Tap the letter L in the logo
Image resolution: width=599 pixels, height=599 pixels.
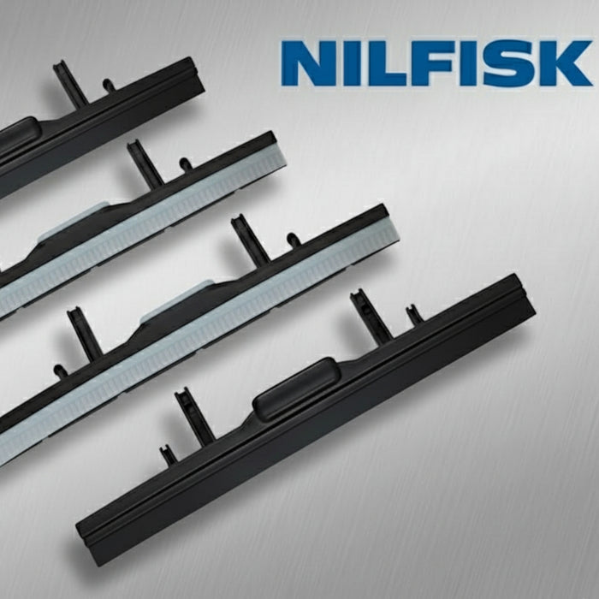390,62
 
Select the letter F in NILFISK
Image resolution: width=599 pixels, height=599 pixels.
436,62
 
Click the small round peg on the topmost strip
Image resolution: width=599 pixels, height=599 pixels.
109,86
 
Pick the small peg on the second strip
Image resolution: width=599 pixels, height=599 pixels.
185,164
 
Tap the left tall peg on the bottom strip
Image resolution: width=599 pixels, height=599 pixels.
194,417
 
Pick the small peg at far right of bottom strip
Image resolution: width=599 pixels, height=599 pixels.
414,314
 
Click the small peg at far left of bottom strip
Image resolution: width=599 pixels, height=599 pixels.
169,454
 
